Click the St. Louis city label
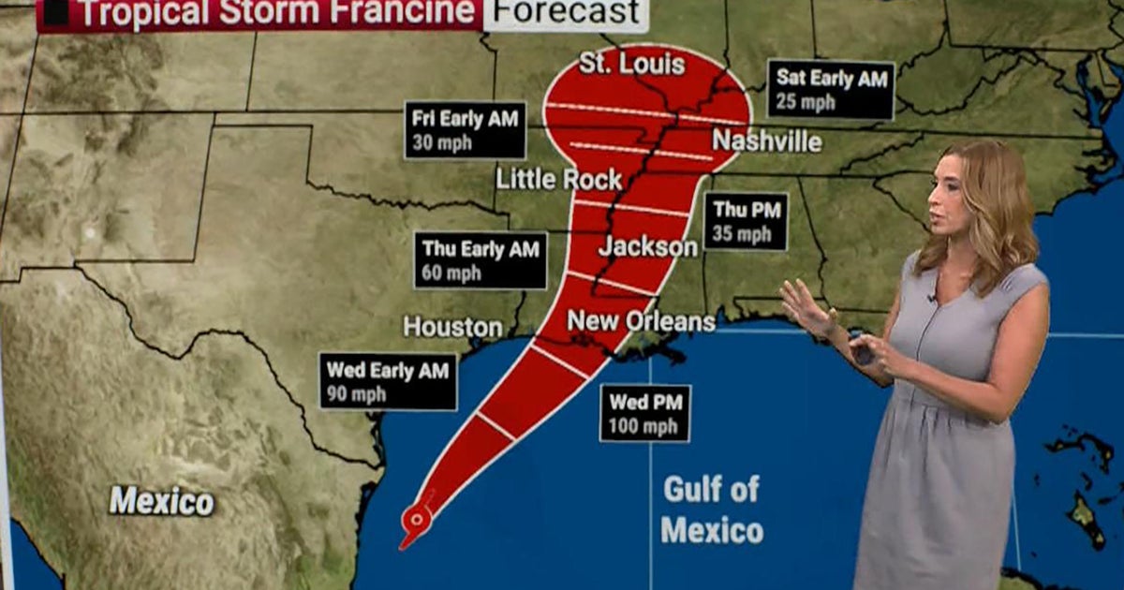coord(631,65)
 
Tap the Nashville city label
coord(766,141)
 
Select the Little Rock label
coord(559,179)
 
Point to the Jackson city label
coord(648,246)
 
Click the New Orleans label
coord(642,321)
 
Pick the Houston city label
coord(452,327)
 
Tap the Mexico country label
coord(161,500)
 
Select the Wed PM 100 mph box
coord(645,413)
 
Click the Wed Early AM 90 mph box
coord(388,381)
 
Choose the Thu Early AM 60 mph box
coord(481,260)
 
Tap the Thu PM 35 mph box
coord(746,221)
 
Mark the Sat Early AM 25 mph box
coord(830,90)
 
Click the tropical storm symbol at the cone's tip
coord(414,518)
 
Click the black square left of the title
coord(55,12)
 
